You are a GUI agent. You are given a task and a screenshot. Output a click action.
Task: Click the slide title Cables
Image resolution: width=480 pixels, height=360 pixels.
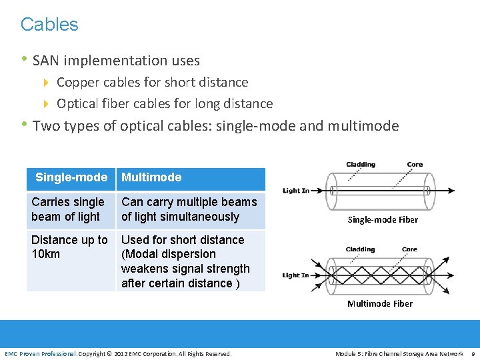pyautogui.click(x=49, y=25)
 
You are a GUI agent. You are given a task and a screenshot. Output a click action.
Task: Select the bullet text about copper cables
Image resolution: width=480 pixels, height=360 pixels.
pyautogui.click(x=152, y=83)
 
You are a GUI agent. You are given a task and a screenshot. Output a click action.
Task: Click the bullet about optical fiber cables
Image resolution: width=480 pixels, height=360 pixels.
pyautogui.click(x=164, y=104)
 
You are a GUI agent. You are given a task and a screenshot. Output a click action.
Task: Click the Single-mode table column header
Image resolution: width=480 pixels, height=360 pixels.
pyautogui.click(x=71, y=177)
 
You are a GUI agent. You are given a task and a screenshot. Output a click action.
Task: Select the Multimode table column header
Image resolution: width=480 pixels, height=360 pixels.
pyautogui.click(x=151, y=177)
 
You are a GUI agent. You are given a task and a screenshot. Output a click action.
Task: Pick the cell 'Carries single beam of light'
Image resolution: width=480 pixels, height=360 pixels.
pyautogui.click(x=68, y=209)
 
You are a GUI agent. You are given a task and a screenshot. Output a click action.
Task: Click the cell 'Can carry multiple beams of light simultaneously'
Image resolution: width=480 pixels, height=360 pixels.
pyautogui.click(x=189, y=209)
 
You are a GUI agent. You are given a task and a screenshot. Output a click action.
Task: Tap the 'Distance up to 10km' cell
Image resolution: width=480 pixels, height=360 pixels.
pyautogui.click(x=69, y=247)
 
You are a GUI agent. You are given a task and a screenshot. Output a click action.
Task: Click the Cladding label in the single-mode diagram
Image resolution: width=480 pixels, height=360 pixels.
pyautogui.click(x=361, y=165)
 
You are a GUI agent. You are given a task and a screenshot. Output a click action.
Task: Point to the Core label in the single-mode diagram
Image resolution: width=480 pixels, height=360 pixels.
pyautogui.click(x=415, y=165)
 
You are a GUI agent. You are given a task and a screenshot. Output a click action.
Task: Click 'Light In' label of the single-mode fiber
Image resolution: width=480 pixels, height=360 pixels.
pyautogui.click(x=296, y=191)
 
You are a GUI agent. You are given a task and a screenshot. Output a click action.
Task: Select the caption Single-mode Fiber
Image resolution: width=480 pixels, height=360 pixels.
pyautogui.click(x=383, y=220)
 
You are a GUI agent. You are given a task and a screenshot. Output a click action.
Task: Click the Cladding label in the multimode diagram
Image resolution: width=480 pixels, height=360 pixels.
pyautogui.click(x=360, y=249)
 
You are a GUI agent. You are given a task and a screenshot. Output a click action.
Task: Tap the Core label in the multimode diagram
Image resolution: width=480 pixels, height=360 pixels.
pyautogui.click(x=409, y=249)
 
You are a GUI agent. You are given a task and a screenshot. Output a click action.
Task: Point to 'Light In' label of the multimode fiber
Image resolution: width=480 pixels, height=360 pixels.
pyautogui.click(x=296, y=275)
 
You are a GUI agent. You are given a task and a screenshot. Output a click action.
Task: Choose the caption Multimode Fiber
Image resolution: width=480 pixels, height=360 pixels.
pyautogui.click(x=380, y=304)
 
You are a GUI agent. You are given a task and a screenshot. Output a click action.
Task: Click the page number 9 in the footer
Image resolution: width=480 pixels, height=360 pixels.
pyautogui.click(x=473, y=353)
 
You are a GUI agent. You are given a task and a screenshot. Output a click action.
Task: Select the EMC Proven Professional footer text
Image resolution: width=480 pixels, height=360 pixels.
pyautogui.click(x=40, y=353)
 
